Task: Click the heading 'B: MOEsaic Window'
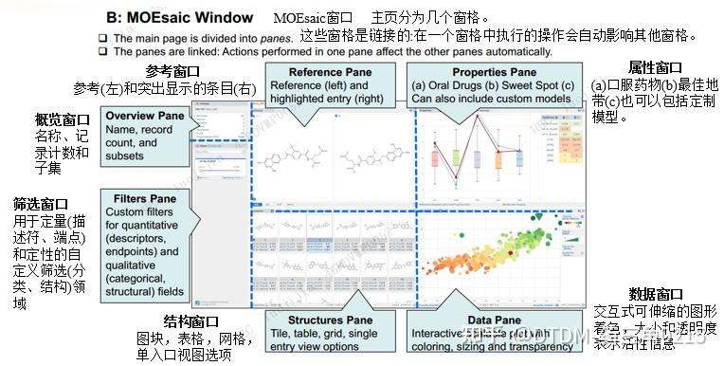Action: [179, 17]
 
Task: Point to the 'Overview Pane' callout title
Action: [143, 115]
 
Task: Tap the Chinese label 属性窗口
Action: [655, 67]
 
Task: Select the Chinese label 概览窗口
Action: [62, 120]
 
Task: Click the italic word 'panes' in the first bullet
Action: [268, 36]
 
